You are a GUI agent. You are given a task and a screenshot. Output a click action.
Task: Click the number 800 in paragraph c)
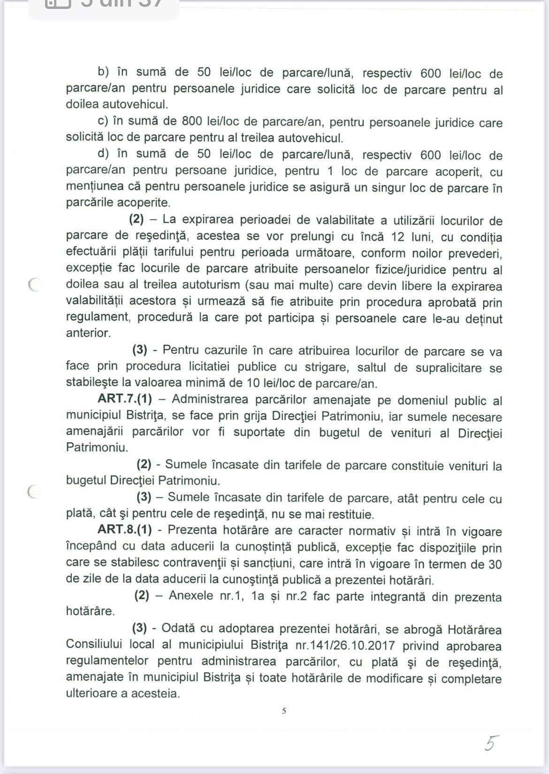pyautogui.click(x=192, y=121)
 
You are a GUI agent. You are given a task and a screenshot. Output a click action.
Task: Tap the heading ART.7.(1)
pyautogui.click(x=125, y=400)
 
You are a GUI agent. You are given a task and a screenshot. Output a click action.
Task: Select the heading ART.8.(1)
pyautogui.click(x=125, y=530)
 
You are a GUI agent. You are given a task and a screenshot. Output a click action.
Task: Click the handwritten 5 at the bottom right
pyautogui.click(x=491, y=743)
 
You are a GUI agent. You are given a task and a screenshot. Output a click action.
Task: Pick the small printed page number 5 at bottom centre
pyautogui.click(x=284, y=711)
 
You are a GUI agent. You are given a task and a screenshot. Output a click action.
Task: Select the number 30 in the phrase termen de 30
pyautogui.click(x=495, y=564)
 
